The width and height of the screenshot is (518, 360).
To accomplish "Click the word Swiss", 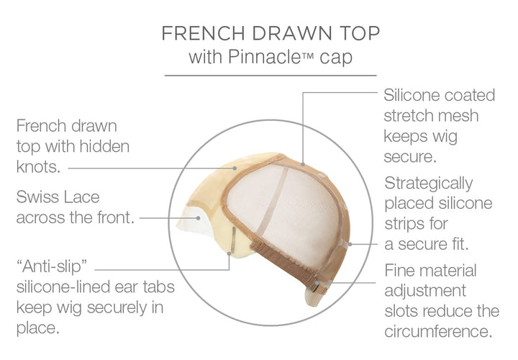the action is (x=37, y=197).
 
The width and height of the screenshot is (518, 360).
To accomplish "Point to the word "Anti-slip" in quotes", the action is (x=52, y=266).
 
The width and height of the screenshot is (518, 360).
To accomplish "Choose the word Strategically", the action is (x=429, y=184).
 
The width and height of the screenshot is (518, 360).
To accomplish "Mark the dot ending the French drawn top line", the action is (x=235, y=168).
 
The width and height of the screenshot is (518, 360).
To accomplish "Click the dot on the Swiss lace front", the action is (x=199, y=218).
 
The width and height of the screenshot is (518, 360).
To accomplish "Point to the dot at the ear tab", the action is (x=230, y=253).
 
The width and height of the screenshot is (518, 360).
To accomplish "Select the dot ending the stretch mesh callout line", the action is (x=303, y=163).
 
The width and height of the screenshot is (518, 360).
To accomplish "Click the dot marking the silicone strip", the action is (x=350, y=244).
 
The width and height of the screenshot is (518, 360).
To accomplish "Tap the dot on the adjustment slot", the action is (x=317, y=283).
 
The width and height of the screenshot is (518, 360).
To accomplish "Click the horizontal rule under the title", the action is (x=271, y=76).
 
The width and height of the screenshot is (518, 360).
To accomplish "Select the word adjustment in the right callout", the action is (x=425, y=291).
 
